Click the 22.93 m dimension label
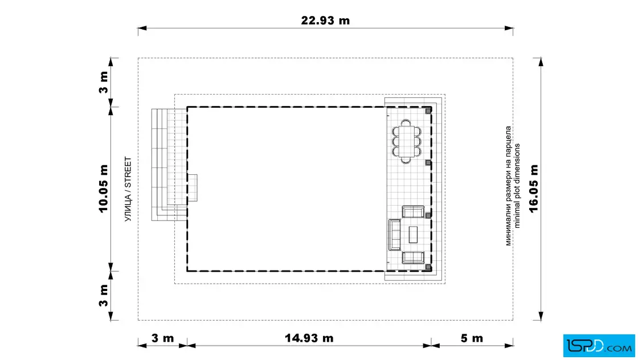[325, 21]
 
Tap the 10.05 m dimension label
[103, 189]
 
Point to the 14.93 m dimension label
[309, 338]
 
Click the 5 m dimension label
[472, 338]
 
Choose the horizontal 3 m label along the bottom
[162, 338]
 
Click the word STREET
[128, 173]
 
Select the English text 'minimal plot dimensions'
[517, 186]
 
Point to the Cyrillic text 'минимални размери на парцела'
[508, 186]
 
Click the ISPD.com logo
[599, 346]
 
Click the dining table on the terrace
[406, 141]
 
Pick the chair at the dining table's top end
[406, 122]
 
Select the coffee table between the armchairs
[413, 234]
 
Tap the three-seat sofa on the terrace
[394, 234]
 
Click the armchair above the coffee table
[413, 211]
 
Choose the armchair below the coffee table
[413, 257]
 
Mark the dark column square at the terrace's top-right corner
[428, 111]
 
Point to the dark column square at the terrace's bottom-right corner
[428, 267]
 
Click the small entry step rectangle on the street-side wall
[193, 188]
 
